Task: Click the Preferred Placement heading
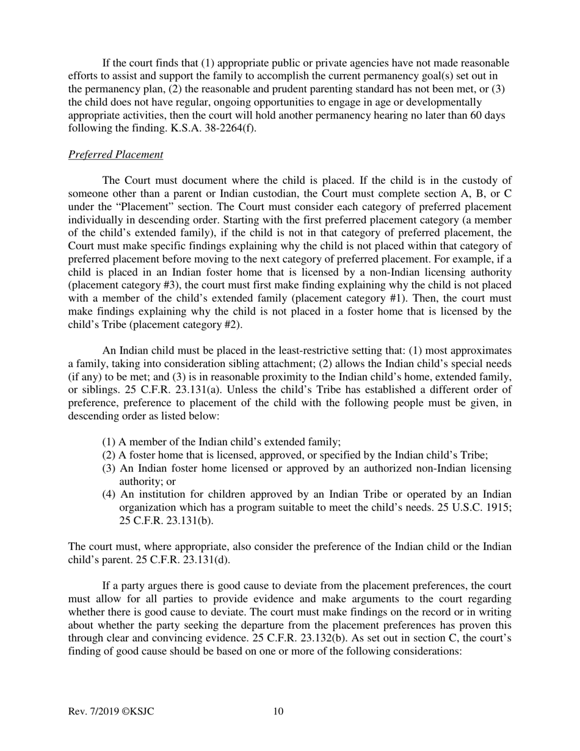(115, 154)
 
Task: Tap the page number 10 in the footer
(278, 711)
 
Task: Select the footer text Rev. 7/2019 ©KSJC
(115, 711)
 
